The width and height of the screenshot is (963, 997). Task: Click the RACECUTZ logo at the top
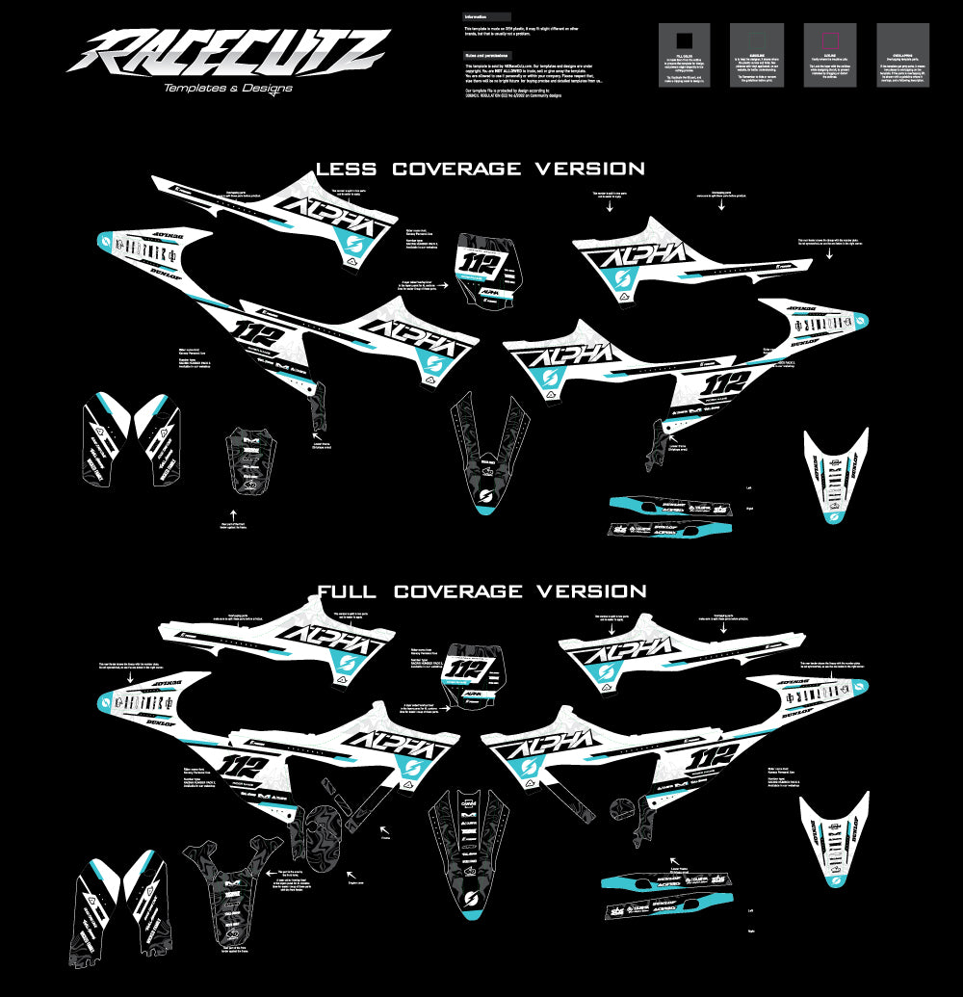coord(228,51)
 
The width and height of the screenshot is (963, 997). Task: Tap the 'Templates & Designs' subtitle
coord(228,88)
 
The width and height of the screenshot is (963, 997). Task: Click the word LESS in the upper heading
coord(346,170)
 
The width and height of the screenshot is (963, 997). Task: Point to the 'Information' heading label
coord(476,17)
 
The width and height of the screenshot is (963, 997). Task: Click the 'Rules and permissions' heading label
coord(487,55)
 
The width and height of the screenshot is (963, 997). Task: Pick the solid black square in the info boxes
coord(684,40)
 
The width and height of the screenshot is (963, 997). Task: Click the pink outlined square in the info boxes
coord(830,40)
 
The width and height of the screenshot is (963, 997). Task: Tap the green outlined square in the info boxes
coord(757,40)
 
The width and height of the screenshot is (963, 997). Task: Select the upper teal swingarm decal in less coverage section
coord(670,506)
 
